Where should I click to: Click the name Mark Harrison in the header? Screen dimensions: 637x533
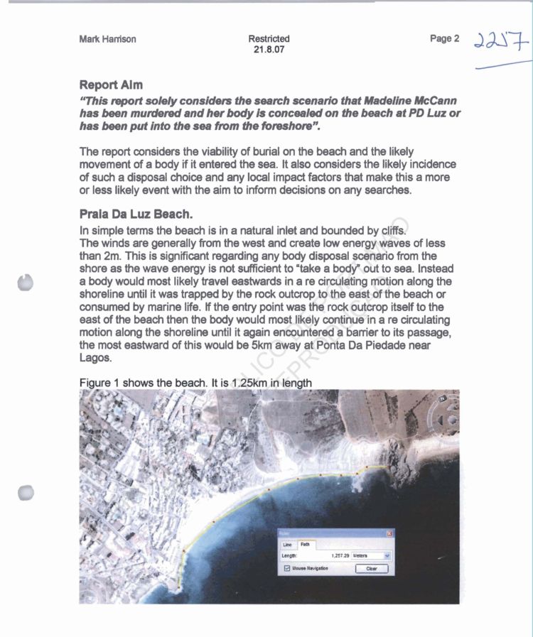pos(107,39)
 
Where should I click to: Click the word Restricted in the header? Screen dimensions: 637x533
pos(269,38)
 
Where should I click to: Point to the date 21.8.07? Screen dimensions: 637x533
pos(269,50)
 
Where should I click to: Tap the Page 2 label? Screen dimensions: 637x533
pos(445,38)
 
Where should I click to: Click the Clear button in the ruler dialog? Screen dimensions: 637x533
pos(372,569)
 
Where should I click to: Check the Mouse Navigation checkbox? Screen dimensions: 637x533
pos(286,569)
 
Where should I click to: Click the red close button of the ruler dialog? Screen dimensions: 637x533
pos(389,533)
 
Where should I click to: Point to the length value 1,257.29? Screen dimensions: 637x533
pos(336,555)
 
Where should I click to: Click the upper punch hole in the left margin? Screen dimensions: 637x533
pos(26,283)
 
